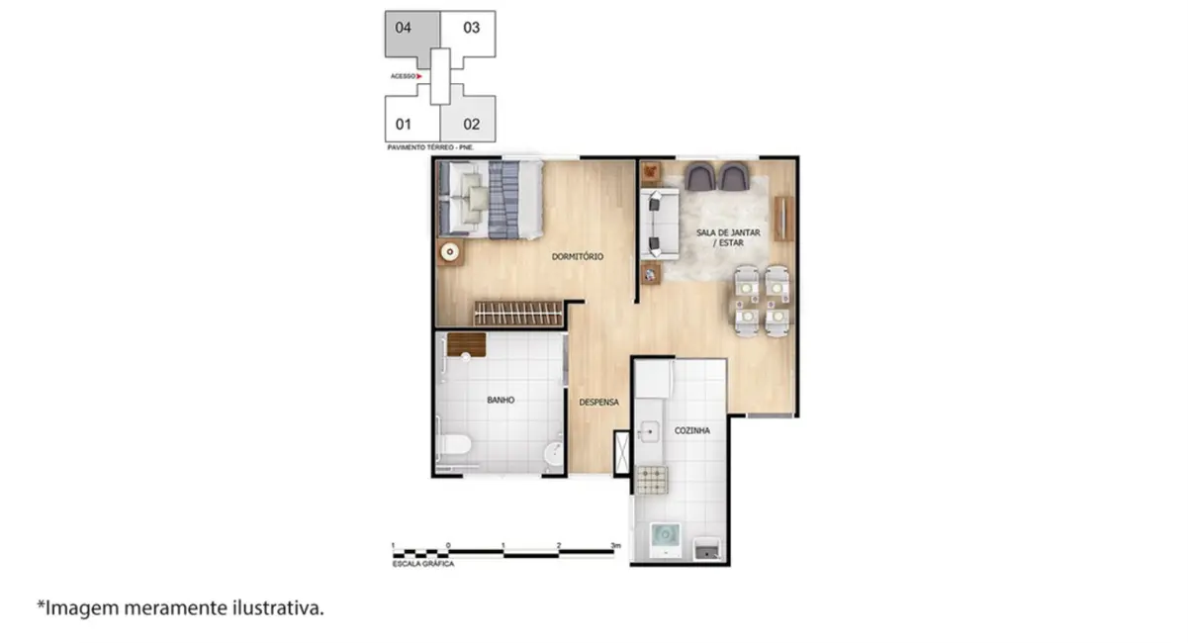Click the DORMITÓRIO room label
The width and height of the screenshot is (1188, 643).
578,256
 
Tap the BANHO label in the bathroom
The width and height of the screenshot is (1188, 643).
500,401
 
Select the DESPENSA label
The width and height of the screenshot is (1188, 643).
598,402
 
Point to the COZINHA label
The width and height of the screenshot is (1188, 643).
692,431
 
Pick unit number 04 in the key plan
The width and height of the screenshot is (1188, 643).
404,28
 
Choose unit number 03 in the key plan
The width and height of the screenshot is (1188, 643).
472,28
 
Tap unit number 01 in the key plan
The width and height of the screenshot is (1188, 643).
404,125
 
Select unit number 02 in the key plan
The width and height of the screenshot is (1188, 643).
472,125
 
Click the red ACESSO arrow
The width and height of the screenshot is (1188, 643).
420,76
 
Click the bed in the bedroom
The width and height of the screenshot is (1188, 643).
492,199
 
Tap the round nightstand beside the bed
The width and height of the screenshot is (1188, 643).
450,251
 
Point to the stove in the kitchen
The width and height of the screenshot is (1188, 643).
651,480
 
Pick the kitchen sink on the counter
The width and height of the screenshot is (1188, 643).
651,430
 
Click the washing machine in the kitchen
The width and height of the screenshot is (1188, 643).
667,540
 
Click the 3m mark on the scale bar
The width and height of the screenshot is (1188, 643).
615,546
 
